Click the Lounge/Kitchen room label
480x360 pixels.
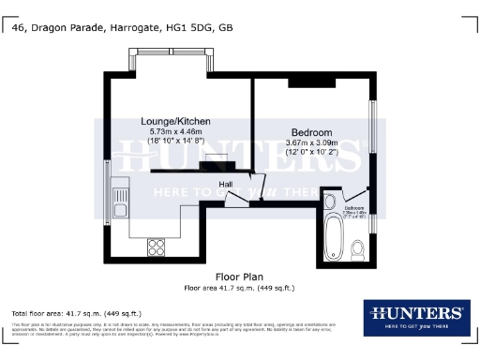click(174, 122)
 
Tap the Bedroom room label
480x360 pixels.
click(308, 132)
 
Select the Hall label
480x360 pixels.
click(226, 185)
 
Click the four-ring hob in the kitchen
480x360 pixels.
click(156, 247)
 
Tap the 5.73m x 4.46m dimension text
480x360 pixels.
click(174, 133)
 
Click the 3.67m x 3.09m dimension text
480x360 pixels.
click(310, 142)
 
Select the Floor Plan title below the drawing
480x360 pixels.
click(238, 277)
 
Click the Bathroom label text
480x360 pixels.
click(353, 207)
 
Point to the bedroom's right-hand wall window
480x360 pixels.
click(372, 127)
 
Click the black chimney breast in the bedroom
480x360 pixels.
click(306, 84)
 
